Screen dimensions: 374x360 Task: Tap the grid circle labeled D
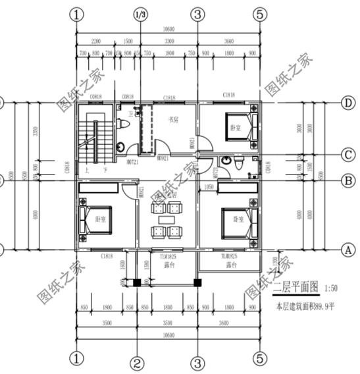[x=347, y=103]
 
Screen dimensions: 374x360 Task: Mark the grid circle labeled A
[x=347, y=250]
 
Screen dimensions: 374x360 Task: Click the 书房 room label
[x=174, y=119]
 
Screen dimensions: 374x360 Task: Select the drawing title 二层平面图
[x=296, y=287]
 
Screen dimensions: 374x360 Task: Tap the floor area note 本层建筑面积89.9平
[x=305, y=306]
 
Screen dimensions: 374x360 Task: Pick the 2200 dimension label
[x=96, y=41]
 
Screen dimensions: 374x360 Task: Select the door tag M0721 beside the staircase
[x=132, y=160]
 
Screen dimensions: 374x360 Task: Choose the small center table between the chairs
[x=165, y=220]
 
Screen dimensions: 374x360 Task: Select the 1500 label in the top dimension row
[x=128, y=41]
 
